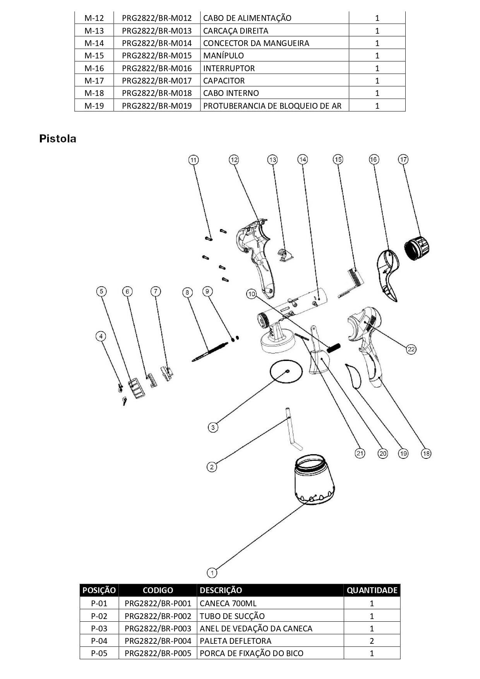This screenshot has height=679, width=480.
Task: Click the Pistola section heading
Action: pos(58,139)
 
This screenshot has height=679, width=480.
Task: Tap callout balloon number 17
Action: pos(403,159)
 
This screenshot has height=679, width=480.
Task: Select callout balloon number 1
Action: pos(212,572)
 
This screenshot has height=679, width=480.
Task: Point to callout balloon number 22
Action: pos(411,349)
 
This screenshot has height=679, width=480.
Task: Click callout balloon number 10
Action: pos(252,294)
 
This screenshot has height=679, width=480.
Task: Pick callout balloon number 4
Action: pos(101,336)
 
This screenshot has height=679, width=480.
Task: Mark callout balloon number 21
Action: pos(360,453)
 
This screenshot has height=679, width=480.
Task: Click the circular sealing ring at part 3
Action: pos(286,371)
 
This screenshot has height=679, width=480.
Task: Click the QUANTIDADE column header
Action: pos(372,590)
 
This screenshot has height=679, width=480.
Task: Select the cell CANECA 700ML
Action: pos(228,603)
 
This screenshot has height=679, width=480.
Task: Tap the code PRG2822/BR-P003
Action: pos(158,628)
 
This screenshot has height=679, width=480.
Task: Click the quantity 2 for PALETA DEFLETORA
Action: pos(372,641)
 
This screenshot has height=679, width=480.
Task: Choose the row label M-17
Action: pos(94,80)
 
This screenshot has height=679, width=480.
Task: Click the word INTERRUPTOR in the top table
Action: pos(229,68)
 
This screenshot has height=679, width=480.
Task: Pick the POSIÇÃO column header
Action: pos(99,590)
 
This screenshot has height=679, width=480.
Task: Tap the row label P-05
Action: pos(99,653)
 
